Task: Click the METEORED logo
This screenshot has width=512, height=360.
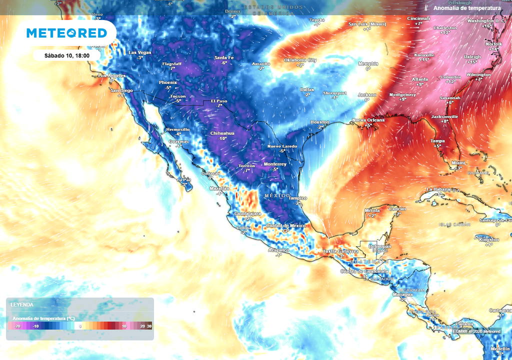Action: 66,33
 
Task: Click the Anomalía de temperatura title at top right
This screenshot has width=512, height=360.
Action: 466,8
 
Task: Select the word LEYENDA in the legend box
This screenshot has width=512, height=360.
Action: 22,304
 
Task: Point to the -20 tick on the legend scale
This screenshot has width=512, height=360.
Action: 17,326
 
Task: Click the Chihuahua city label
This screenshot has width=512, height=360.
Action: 222,133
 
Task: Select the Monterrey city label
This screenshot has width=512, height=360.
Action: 274,164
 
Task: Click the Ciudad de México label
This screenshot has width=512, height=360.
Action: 285,225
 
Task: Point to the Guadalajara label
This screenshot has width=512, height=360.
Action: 247,213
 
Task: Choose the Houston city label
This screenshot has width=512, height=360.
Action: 319,122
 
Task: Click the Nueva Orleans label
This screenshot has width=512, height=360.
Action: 368,120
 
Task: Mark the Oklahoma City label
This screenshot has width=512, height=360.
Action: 300,60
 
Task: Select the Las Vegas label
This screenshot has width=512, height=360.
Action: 139,52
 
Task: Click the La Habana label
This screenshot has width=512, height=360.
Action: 438,189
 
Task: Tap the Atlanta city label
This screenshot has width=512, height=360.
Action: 419,79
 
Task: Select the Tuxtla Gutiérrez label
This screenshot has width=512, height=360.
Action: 340,251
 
